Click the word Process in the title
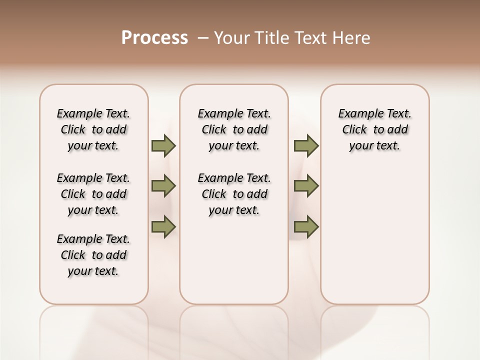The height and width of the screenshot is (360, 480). (x=154, y=38)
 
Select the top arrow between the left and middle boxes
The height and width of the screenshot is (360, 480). (x=163, y=146)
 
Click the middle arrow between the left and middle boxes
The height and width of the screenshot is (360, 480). (x=163, y=186)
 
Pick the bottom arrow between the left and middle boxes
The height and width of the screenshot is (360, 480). (x=163, y=227)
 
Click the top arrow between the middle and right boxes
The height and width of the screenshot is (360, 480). (x=306, y=146)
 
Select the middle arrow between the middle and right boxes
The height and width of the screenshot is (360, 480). (x=306, y=186)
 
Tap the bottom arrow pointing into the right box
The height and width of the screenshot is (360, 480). (x=306, y=227)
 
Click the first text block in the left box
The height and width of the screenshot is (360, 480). (x=93, y=129)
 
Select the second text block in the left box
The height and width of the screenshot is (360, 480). (x=93, y=194)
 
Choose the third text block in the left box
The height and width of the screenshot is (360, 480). (x=93, y=255)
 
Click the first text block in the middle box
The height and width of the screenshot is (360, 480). (x=234, y=129)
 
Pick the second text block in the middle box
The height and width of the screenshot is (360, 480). (x=234, y=194)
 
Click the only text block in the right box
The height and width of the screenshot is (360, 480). (x=375, y=129)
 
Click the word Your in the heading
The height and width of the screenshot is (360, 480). (x=231, y=38)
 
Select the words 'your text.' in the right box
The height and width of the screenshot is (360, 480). (x=375, y=146)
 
